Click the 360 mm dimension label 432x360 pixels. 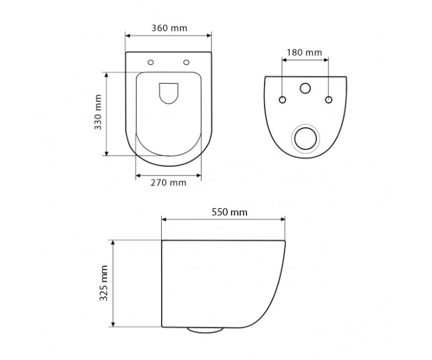[169, 28]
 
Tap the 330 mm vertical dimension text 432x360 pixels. [98, 112]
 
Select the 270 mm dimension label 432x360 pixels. [168, 183]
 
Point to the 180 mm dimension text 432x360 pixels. [305, 52]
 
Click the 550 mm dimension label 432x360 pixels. [229, 212]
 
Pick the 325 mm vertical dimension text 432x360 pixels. [104, 283]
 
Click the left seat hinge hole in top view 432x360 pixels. [151, 62]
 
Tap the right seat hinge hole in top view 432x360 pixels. [187, 62]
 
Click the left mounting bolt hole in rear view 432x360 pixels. [282, 100]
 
